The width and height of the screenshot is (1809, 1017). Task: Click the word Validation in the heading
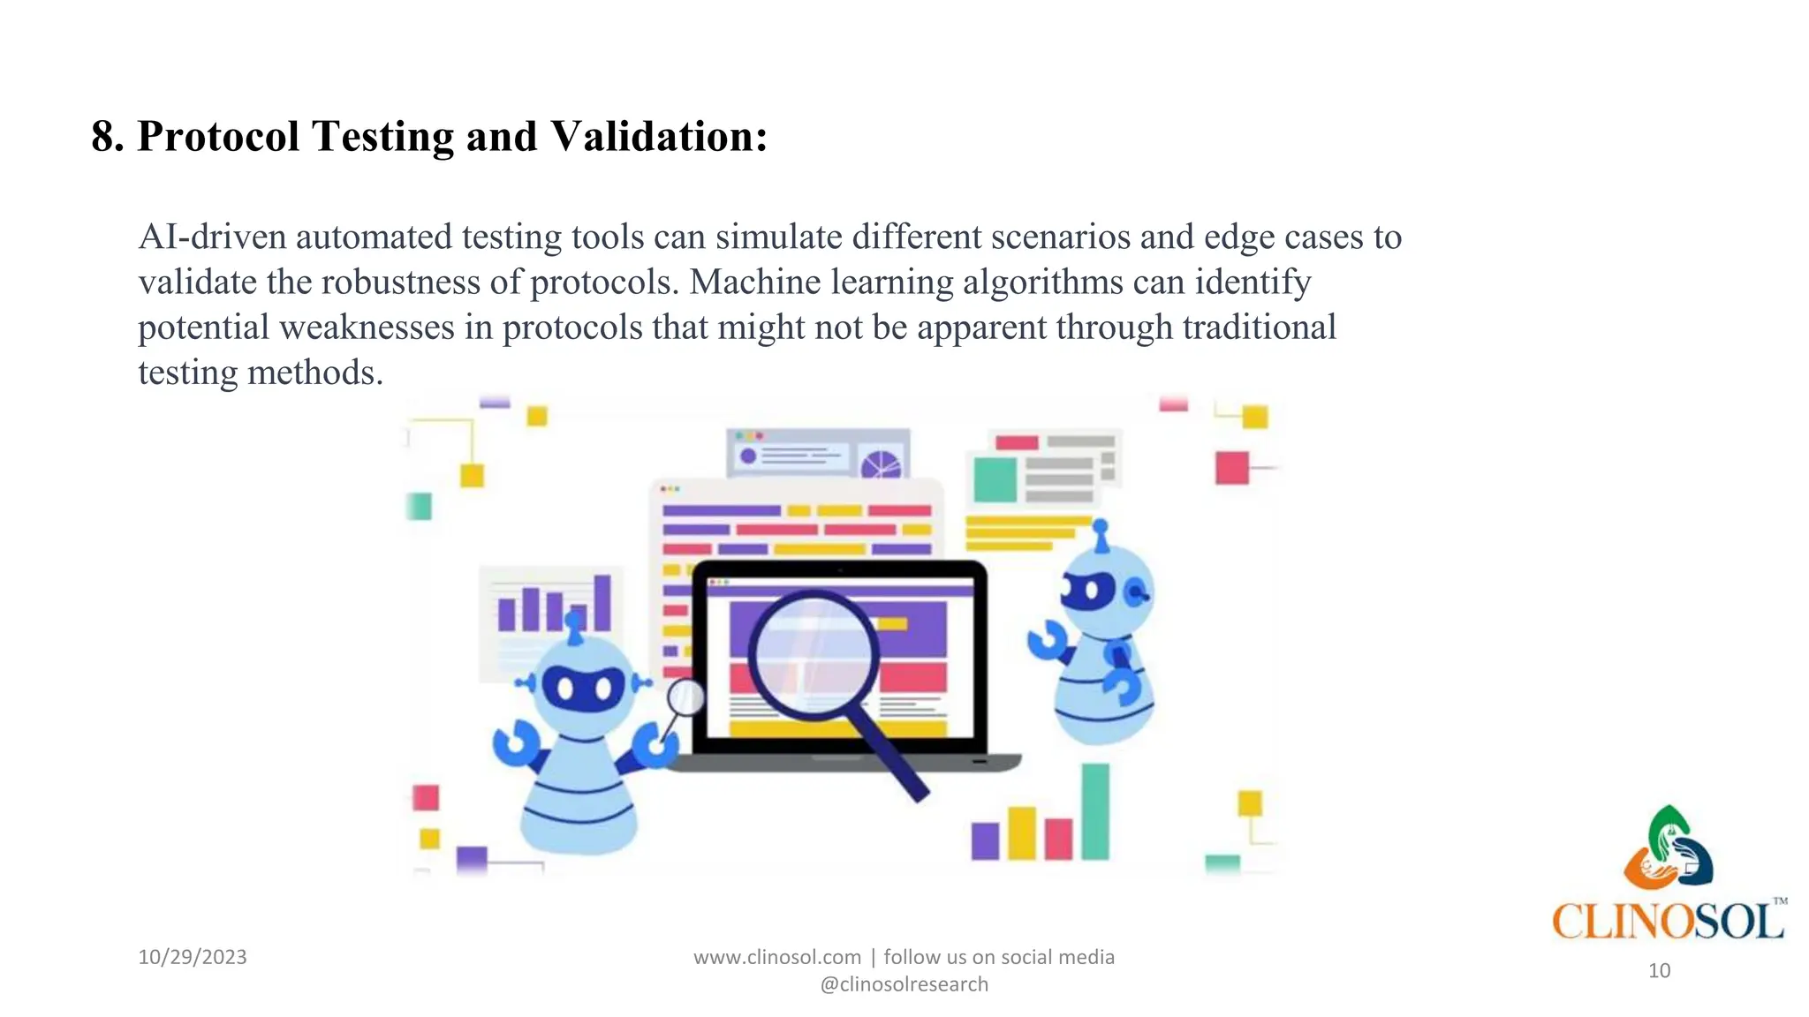658,137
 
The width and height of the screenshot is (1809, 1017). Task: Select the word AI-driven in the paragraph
212,237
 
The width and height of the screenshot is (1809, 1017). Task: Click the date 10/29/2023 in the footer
193,957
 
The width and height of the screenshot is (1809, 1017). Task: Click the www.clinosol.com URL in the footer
777,957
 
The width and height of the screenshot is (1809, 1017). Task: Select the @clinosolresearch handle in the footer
904,984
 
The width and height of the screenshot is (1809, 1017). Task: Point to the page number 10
1659,971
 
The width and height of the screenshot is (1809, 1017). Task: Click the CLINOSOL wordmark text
1668,922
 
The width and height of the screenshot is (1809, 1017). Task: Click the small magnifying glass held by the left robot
685,698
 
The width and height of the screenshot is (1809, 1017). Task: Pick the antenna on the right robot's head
1101,535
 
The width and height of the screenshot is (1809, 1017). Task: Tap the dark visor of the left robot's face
583,688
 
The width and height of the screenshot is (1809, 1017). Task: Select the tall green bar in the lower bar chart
1095,810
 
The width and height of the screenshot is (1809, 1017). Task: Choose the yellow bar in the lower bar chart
1022,832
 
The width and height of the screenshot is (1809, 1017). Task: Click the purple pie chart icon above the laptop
881,464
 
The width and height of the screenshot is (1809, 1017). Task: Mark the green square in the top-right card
995,479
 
